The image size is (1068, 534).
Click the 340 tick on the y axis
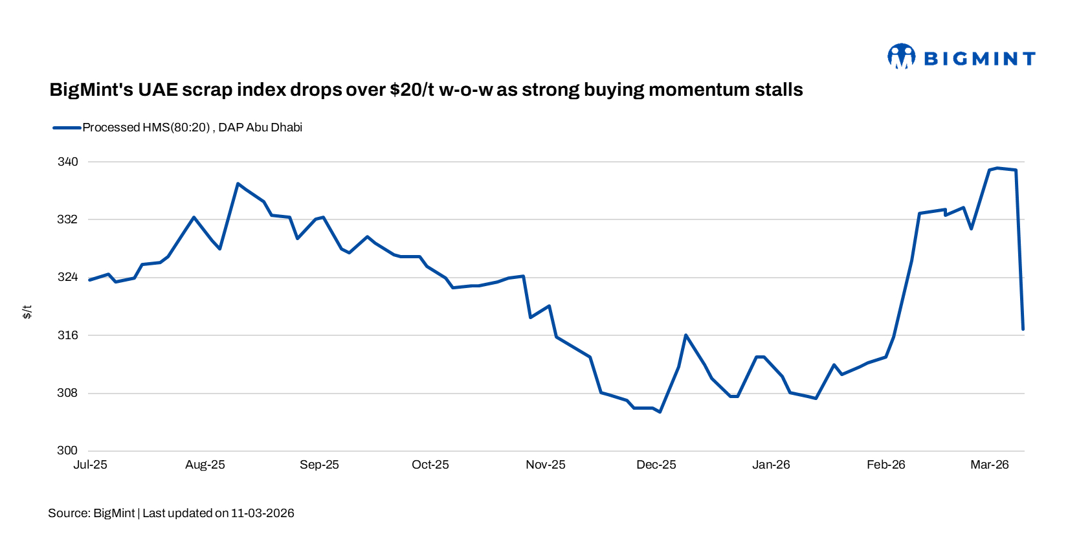click(67, 162)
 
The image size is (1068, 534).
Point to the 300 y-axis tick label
click(67, 451)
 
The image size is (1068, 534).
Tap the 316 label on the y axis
click(67, 335)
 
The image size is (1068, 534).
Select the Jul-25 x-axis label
click(91, 465)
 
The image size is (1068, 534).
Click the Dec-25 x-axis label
click(656, 465)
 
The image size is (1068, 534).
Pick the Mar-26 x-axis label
click(989, 465)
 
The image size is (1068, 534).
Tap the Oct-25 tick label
click(430, 465)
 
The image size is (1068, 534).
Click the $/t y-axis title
click(27, 312)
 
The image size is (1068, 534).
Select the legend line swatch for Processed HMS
click(67, 128)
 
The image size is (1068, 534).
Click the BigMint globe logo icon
click(901, 56)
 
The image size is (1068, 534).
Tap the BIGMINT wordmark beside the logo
click(979, 59)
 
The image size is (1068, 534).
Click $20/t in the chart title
click(412, 89)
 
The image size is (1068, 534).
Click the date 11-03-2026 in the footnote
click(262, 513)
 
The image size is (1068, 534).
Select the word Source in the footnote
click(69, 513)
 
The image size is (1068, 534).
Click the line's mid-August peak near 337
click(238, 184)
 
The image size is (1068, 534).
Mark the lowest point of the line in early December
click(660, 412)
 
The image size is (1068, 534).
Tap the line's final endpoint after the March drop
click(1023, 329)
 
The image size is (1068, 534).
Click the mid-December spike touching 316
click(685, 335)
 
